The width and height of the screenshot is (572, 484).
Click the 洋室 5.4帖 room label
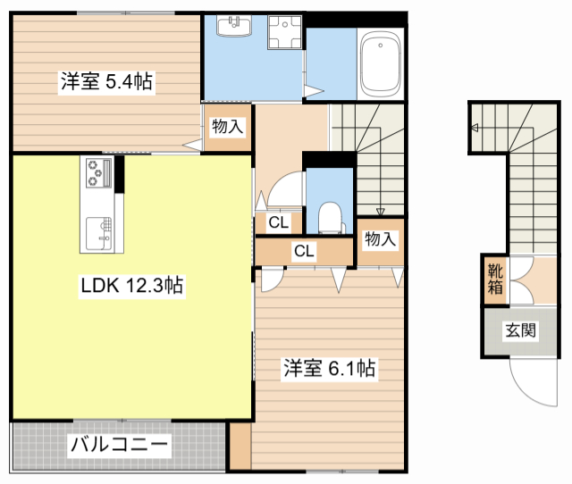(x=105, y=82)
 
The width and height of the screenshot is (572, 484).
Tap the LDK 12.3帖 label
(x=132, y=287)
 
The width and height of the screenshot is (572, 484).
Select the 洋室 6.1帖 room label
(x=329, y=368)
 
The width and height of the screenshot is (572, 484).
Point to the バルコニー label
(x=119, y=444)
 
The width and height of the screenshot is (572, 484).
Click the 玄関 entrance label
(x=521, y=330)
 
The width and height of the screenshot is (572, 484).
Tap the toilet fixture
(x=329, y=217)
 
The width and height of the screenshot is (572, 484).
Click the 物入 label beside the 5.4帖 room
(x=227, y=126)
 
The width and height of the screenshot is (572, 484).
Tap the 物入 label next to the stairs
(x=379, y=238)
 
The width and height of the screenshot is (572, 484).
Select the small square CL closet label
(x=277, y=222)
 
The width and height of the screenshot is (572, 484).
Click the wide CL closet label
(x=304, y=251)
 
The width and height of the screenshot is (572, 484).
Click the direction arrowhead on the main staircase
(x=381, y=213)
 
